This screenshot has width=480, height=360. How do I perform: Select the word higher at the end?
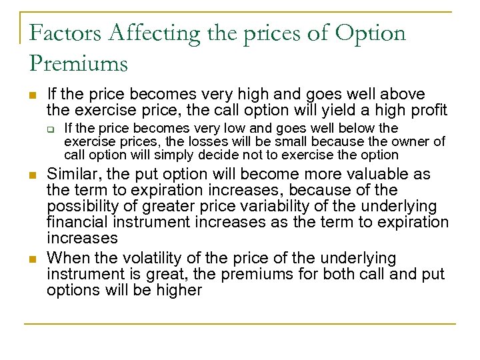(x=178, y=290)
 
